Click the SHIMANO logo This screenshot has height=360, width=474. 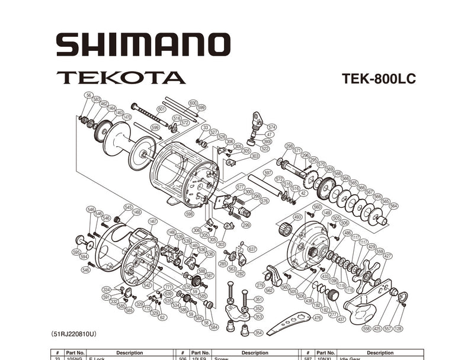tap(143, 44)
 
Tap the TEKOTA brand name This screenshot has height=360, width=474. tap(121, 78)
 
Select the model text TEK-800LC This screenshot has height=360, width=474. tap(379, 79)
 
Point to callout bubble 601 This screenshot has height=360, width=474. tap(162, 108)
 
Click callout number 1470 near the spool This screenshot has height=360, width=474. tap(127, 117)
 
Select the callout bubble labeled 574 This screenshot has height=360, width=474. tap(271, 127)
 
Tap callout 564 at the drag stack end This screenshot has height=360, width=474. tap(393, 206)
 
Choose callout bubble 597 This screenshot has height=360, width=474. tap(268, 173)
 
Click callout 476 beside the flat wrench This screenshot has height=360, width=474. tap(318, 318)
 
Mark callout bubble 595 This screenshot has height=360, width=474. tap(76, 252)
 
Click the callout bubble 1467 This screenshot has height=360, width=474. tap(153, 221)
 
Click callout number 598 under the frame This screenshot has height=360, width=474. tap(189, 214)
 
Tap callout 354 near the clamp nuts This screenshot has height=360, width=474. tap(258, 333)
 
